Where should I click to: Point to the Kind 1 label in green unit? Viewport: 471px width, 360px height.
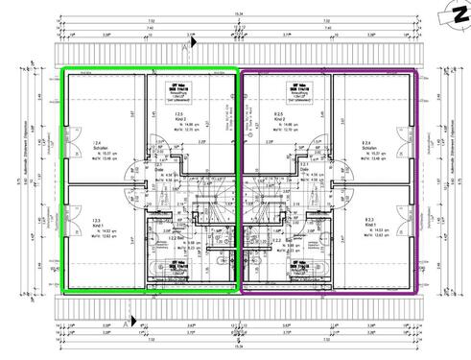[97, 222]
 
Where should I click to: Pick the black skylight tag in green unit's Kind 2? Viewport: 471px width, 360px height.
[177, 87]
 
